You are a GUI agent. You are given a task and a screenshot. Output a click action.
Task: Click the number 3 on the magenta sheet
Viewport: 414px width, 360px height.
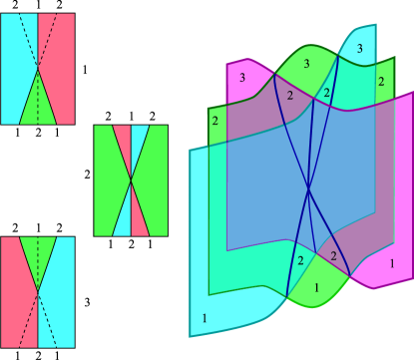click(x=242, y=78)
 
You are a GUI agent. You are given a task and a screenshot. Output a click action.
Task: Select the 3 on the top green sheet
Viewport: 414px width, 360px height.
click(x=306, y=63)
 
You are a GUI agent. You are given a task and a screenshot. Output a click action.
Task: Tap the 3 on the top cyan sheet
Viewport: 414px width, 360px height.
click(x=359, y=48)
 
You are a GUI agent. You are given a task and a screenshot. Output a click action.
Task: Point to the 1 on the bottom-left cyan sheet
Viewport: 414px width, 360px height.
click(x=206, y=317)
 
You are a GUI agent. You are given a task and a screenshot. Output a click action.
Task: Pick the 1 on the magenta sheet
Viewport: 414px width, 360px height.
click(x=392, y=263)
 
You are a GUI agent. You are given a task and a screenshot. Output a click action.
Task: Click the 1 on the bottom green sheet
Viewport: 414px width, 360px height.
click(x=317, y=287)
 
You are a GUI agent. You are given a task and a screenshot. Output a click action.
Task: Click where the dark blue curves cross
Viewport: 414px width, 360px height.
click(x=308, y=188)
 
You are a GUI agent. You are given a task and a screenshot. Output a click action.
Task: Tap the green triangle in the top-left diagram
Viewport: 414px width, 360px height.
click(x=38, y=100)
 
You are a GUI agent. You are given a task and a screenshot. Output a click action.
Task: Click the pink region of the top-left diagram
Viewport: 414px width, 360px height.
click(x=58, y=60)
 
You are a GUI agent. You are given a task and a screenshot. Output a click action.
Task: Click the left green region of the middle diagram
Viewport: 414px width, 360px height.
click(x=106, y=180)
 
